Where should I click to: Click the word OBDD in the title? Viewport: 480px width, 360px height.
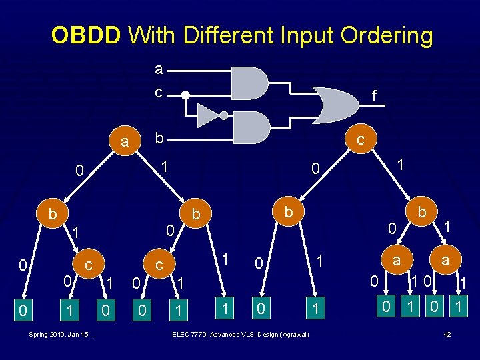tap(86, 35)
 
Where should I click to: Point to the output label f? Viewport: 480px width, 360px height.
tap(374, 97)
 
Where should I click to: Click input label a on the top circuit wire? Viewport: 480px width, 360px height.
tap(158, 69)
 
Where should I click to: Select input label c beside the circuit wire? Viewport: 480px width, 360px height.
tap(158, 93)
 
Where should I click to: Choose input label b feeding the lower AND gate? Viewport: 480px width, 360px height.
tap(158, 138)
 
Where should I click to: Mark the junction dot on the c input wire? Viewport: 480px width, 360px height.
tap(186, 95)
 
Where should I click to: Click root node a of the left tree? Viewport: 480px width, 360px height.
tap(124, 142)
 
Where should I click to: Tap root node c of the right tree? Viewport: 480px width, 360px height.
tap(360, 140)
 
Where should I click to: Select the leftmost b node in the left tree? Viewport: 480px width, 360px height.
tap(52, 214)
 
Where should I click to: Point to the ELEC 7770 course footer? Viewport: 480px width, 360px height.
tap(240, 333)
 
